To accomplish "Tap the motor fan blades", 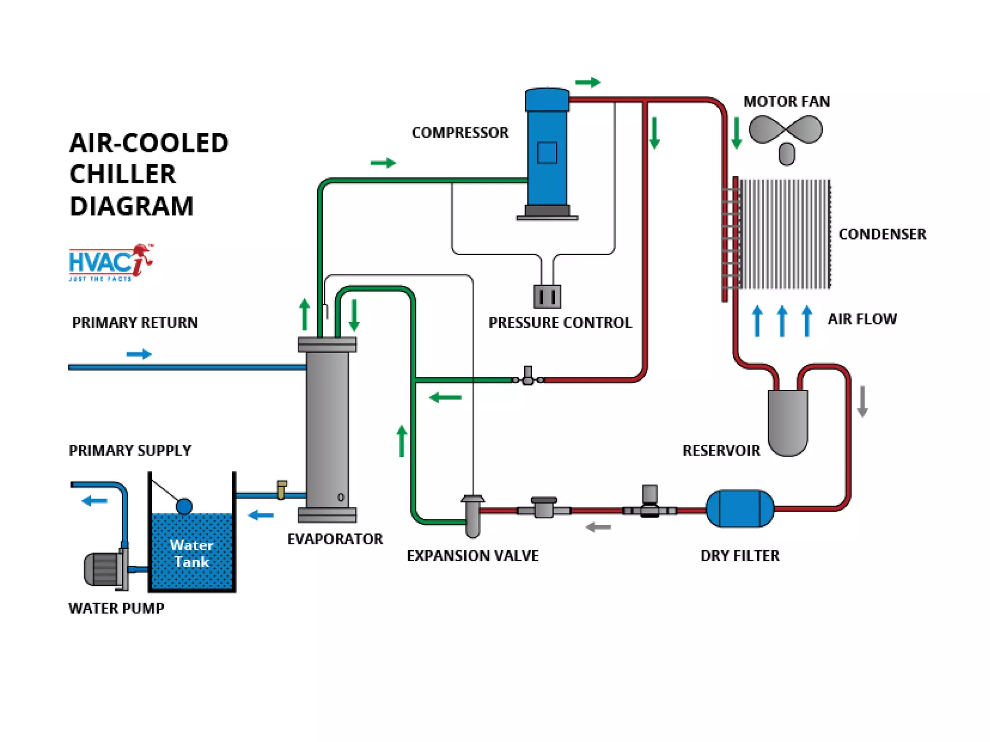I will click(x=786, y=130).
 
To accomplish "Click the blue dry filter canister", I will click(x=740, y=508).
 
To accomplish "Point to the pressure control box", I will click(x=547, y=296).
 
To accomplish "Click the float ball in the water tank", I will click(x=184, y=506).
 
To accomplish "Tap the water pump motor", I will click(x=103, y=569).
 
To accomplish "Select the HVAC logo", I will click(x=111, y=262).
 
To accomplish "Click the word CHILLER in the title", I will click(x=123, y=174).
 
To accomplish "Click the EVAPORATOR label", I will click(x=335, y=539).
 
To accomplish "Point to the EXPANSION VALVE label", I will click(x=472, y=556).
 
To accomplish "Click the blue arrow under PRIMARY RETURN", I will click(x=139, y=354).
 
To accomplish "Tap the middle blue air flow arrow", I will click(x=782, y=321).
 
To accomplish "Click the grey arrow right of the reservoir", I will click(x=862, y=401).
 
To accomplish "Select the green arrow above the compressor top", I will click(x=588, y=83).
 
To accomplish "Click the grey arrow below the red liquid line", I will click(x=598, y=527).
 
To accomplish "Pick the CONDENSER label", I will click(x=882, y=234).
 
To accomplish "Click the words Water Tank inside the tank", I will click(x=191, y=554).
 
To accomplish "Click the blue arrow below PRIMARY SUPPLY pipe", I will click(x=94, y=500).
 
